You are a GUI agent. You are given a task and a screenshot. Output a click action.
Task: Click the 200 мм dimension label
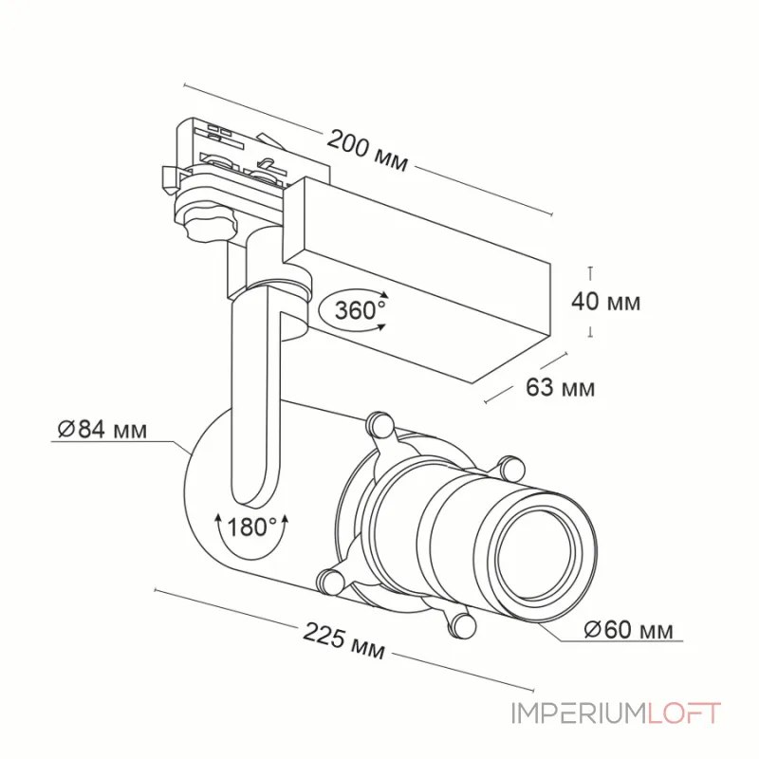[x=367, y=151]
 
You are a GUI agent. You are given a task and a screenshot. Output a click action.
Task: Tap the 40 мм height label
[x=605, y=302]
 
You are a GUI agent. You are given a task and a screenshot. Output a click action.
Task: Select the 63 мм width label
[x=560, y=387]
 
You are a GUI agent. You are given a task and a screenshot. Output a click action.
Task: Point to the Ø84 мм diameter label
[x=102, y=429]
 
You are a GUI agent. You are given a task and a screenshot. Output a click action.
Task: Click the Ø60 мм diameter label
[x=628, y=629]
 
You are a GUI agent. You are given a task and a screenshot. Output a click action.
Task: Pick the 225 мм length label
[x=343, y=640]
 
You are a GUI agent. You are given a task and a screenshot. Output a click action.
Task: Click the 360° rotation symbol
[x=354, y=309]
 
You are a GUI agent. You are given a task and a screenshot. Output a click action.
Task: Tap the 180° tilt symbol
[x=250, y=533]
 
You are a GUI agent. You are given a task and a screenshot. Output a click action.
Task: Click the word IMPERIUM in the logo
[x=579, y=713]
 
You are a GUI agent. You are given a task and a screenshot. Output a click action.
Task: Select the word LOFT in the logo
[x=683, y=713]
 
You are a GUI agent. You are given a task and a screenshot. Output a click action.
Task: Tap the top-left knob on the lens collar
[x=379, y=423]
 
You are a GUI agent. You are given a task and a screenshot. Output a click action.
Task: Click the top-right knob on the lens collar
[x=511, y=468]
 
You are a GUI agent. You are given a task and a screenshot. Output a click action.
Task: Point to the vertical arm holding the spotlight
[x=256, y=393]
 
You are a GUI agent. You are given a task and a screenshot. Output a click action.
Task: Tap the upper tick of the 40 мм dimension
[x=590, y=268]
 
